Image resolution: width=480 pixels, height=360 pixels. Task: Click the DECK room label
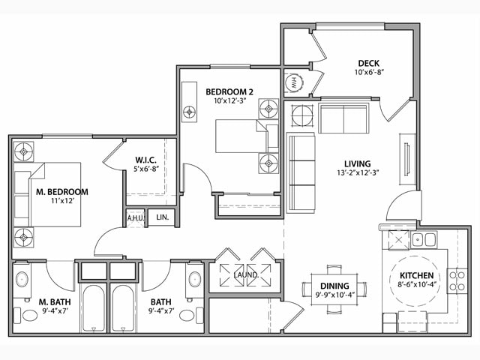tap(367, 63)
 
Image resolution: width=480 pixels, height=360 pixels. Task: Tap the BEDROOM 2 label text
tap(229, 91)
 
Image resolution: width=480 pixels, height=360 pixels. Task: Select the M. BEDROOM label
tap(61, 192)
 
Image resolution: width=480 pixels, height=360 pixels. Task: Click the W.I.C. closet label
tap(145, 159)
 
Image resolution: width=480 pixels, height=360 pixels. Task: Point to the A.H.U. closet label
tap(135, 218)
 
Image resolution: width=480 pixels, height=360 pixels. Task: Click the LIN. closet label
tap(162, 218)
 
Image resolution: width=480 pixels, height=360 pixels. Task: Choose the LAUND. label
tap(246, 275)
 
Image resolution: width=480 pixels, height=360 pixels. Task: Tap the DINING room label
tap(333, 285)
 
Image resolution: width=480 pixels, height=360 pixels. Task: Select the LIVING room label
tap(357, 163)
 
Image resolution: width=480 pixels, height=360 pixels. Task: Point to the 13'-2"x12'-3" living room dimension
tap(357, 174)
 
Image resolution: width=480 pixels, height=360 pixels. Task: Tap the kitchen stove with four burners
tap(457, 280)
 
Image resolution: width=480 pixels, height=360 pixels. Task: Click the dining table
tap(334, 288)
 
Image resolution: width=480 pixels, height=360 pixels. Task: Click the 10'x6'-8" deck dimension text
tap(367, 73)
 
